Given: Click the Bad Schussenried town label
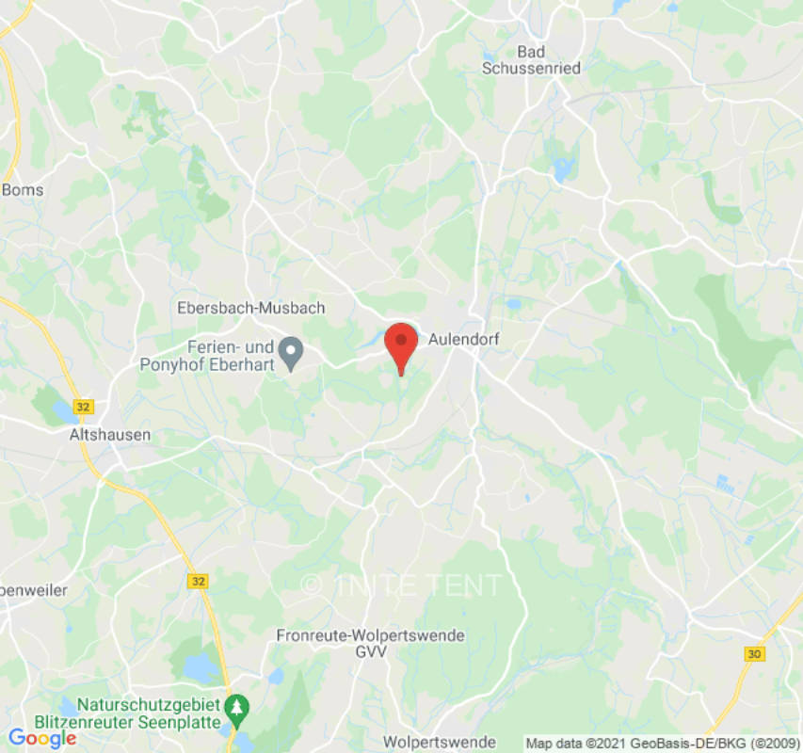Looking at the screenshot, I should click(531, 59).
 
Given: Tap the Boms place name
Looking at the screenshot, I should click(23, 190).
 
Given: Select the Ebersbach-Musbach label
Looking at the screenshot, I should click(250, 308).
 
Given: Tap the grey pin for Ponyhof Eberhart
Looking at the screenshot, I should click(293, 354).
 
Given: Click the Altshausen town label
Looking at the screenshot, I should click(110, 436).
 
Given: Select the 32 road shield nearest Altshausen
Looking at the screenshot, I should click(86, 407).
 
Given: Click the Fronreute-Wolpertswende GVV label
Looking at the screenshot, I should click(370, 643).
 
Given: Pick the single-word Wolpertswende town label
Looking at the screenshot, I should click(440, 742).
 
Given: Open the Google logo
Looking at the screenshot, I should click(41, 738).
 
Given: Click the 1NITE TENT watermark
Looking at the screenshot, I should click(403, 585).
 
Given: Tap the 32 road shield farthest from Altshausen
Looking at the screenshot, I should click(197, 582).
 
